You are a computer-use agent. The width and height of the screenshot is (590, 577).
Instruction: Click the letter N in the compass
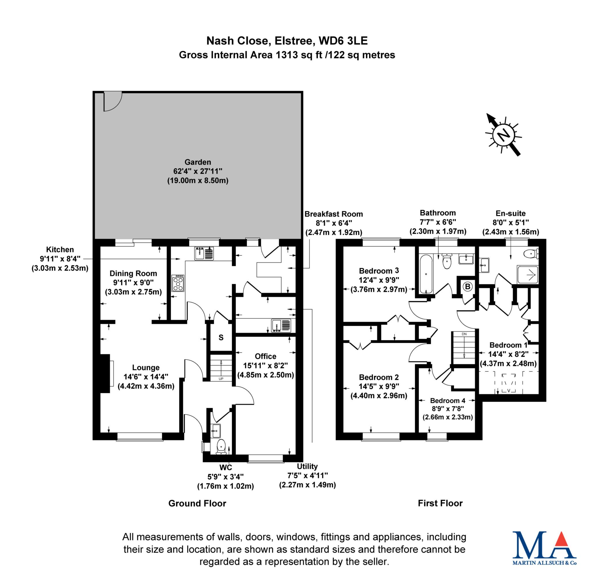(503, 135)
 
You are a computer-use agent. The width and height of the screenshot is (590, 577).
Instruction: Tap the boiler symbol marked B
(468, 286)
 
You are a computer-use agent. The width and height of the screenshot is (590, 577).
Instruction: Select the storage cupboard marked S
(221, 337)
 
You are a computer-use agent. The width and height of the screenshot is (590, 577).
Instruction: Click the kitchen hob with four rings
(178, 283)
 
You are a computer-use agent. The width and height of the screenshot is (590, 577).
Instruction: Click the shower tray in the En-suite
(528, 275)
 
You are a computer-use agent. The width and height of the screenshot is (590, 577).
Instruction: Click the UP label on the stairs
(221, 379)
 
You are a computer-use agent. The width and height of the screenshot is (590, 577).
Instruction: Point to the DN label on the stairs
(464, 334)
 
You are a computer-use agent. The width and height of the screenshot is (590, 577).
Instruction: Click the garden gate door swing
(112, 101)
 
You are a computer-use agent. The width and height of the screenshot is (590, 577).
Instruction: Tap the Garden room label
(198, 162)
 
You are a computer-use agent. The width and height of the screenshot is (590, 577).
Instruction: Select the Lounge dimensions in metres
(146, 386)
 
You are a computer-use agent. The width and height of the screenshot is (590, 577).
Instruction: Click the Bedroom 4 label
(447, 401)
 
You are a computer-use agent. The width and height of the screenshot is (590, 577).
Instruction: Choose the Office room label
(266, 356)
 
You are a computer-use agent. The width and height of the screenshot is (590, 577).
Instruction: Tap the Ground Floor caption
(197, 503)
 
